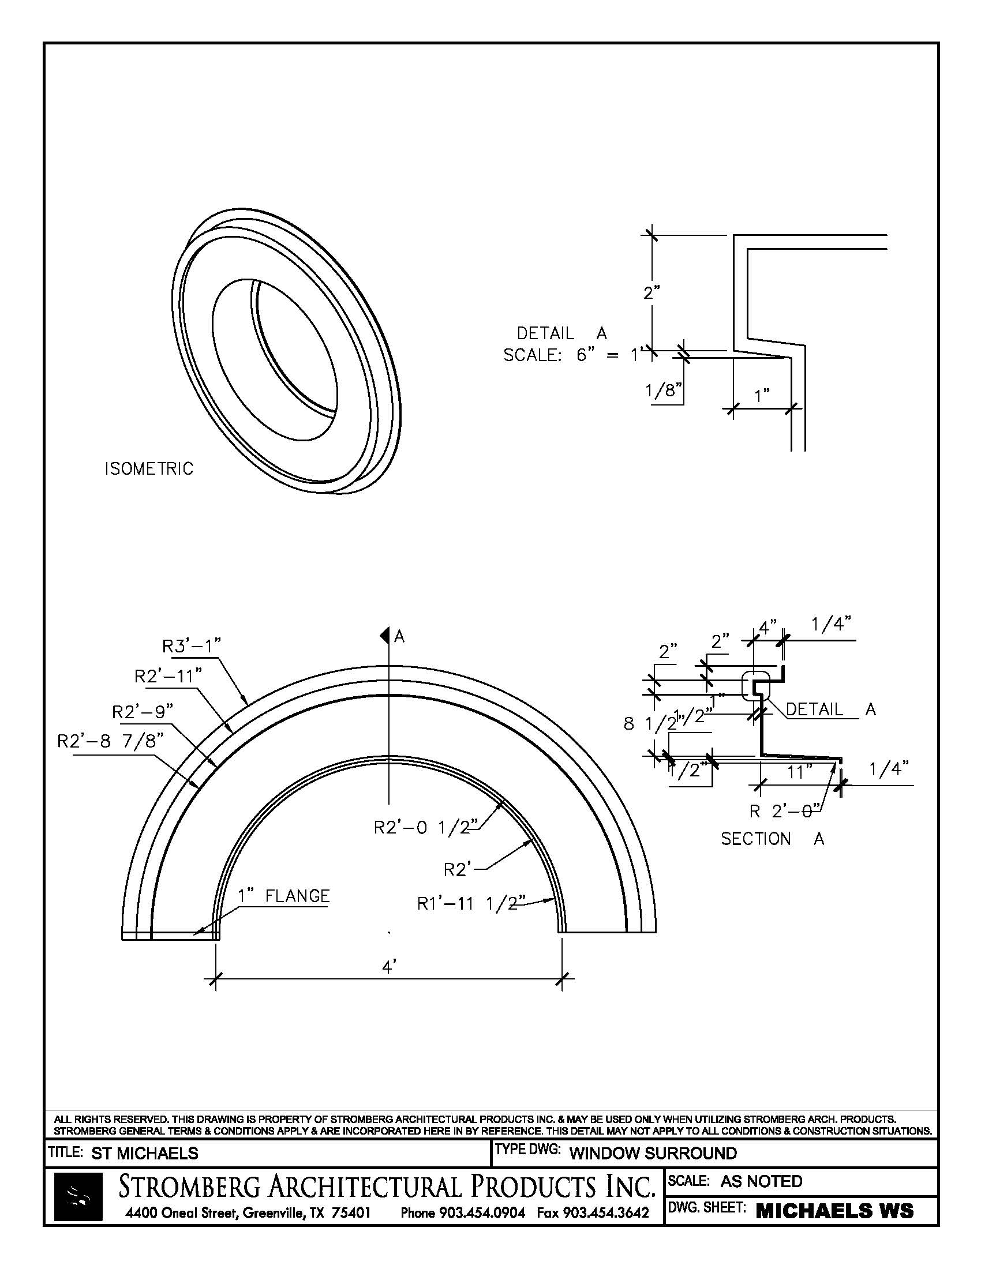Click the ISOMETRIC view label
pos(149,468)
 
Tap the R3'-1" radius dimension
pos(192,645)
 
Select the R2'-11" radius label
pos(168,677)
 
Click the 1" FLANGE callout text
pos(283,896)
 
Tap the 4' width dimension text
pos(389,967)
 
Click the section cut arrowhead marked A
pos(384,636)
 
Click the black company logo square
pos(78,1196)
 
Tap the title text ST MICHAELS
pos(145,1153)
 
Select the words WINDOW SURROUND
pos(653,1153)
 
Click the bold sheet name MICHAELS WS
pos(834,1211)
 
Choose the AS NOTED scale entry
pos(761,1181)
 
